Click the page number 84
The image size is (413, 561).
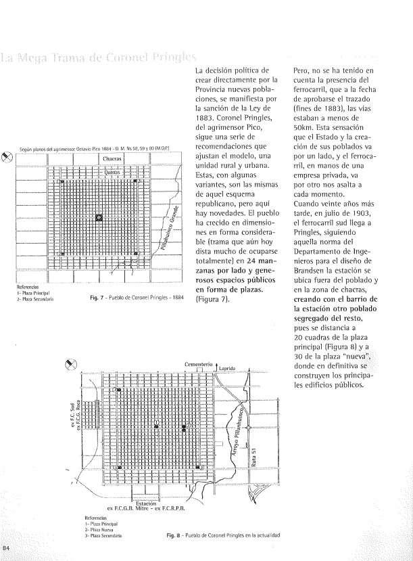[x=6, y=547]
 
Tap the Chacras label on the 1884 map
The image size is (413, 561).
[x=110, y=159]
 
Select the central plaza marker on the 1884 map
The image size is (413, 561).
[x=99, y=217]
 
